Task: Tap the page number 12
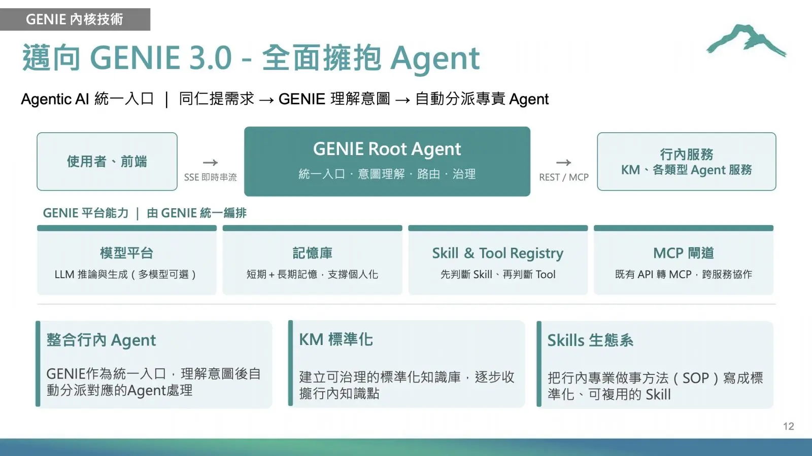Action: click(789, 426)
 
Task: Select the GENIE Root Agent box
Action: click(387, 162)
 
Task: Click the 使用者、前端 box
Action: click(107, 162)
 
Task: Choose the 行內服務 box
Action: click(687, 162)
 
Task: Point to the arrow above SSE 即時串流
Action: click(210, 163)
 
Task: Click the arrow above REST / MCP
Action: click(564, 163)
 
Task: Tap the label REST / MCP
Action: click(564, 177)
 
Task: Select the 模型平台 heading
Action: click(126, 253)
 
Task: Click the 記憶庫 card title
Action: click(313, 253)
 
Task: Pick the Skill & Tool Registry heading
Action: click(498, 253)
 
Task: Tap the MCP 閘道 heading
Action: click(684, 253)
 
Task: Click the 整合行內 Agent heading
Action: click(101, 340)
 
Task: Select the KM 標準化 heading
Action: click(335, 340)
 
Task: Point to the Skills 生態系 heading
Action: click(590, 340)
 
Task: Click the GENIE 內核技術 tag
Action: click(75, 19)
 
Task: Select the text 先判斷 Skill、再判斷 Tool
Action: click(498, 274)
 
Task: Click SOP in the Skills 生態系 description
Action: click(695, 378)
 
